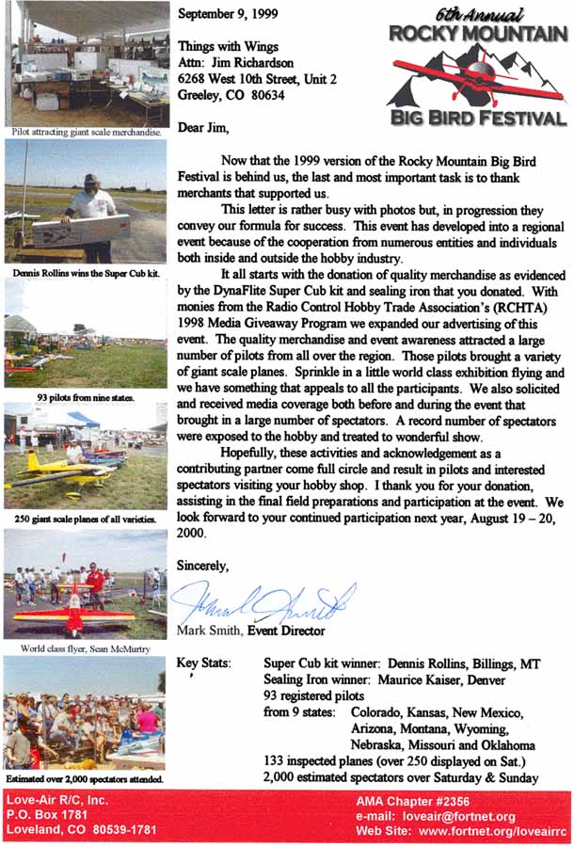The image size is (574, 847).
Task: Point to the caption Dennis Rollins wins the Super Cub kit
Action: click(x=83, y=273)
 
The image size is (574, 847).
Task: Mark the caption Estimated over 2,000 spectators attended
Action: click(x=83, y=779)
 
